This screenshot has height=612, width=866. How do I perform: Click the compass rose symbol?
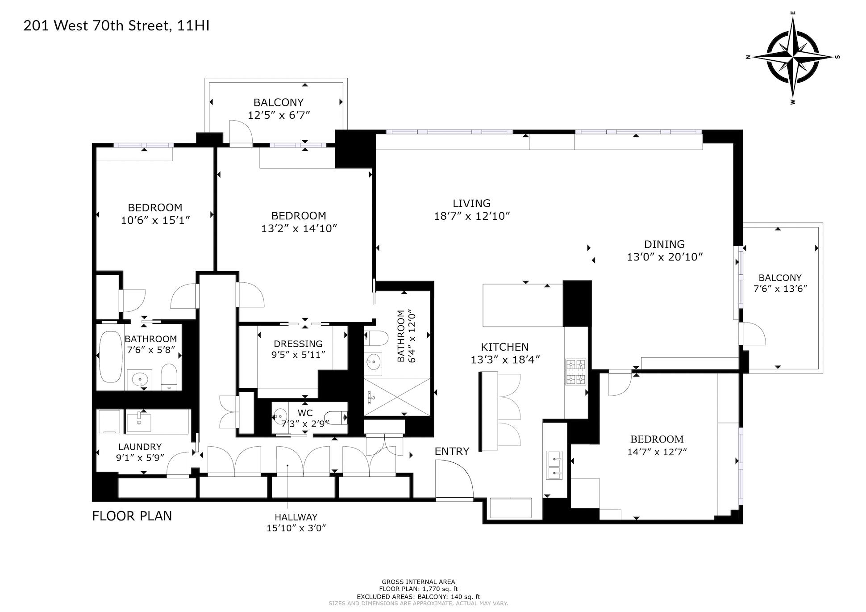(x=793, y=58)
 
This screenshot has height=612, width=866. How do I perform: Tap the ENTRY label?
(x=452, y=451)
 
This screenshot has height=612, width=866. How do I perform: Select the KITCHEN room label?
(x=504, y=347)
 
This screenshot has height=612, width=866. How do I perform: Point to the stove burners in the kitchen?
(x=575, y=372)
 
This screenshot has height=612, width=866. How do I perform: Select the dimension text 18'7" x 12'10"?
(x=472, y=216)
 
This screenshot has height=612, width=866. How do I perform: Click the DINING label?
(x=664, y=244)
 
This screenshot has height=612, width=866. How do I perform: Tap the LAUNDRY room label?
(x=140, y=447)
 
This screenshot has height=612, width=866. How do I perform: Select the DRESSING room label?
(x=298, y=344)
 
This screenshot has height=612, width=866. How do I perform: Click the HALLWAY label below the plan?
(x=296, y=517)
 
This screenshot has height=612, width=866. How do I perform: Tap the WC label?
(x=305, y=413)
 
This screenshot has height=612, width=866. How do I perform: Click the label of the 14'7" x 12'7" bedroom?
(x=657, y=439)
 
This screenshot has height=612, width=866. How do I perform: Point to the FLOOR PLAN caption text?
(x=132, y=516)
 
